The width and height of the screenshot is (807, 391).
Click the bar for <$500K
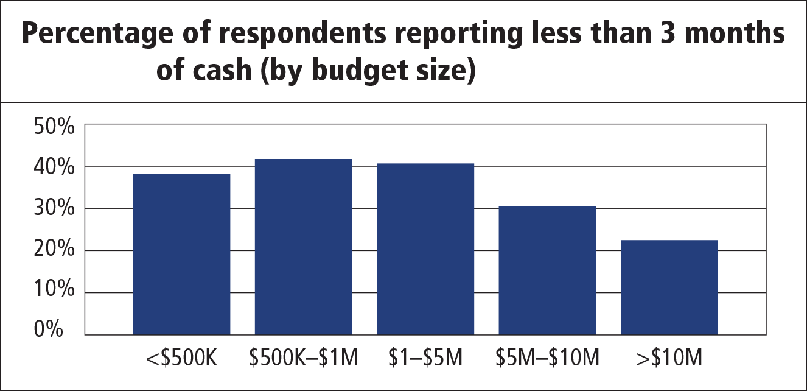181,254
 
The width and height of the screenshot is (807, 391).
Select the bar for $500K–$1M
303,247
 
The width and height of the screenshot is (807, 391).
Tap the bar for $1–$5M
425,249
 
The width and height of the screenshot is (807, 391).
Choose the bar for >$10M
669,287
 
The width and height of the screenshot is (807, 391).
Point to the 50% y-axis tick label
54,128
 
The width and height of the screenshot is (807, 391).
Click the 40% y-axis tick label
54,167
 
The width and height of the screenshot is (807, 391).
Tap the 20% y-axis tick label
54,250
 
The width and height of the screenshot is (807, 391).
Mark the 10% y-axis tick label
54,292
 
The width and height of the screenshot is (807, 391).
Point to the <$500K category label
181,358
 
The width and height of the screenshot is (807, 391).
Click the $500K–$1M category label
303,358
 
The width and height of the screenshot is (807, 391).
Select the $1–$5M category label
425,358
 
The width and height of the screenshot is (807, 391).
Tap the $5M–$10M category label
547,358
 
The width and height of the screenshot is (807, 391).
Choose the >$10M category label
669,358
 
